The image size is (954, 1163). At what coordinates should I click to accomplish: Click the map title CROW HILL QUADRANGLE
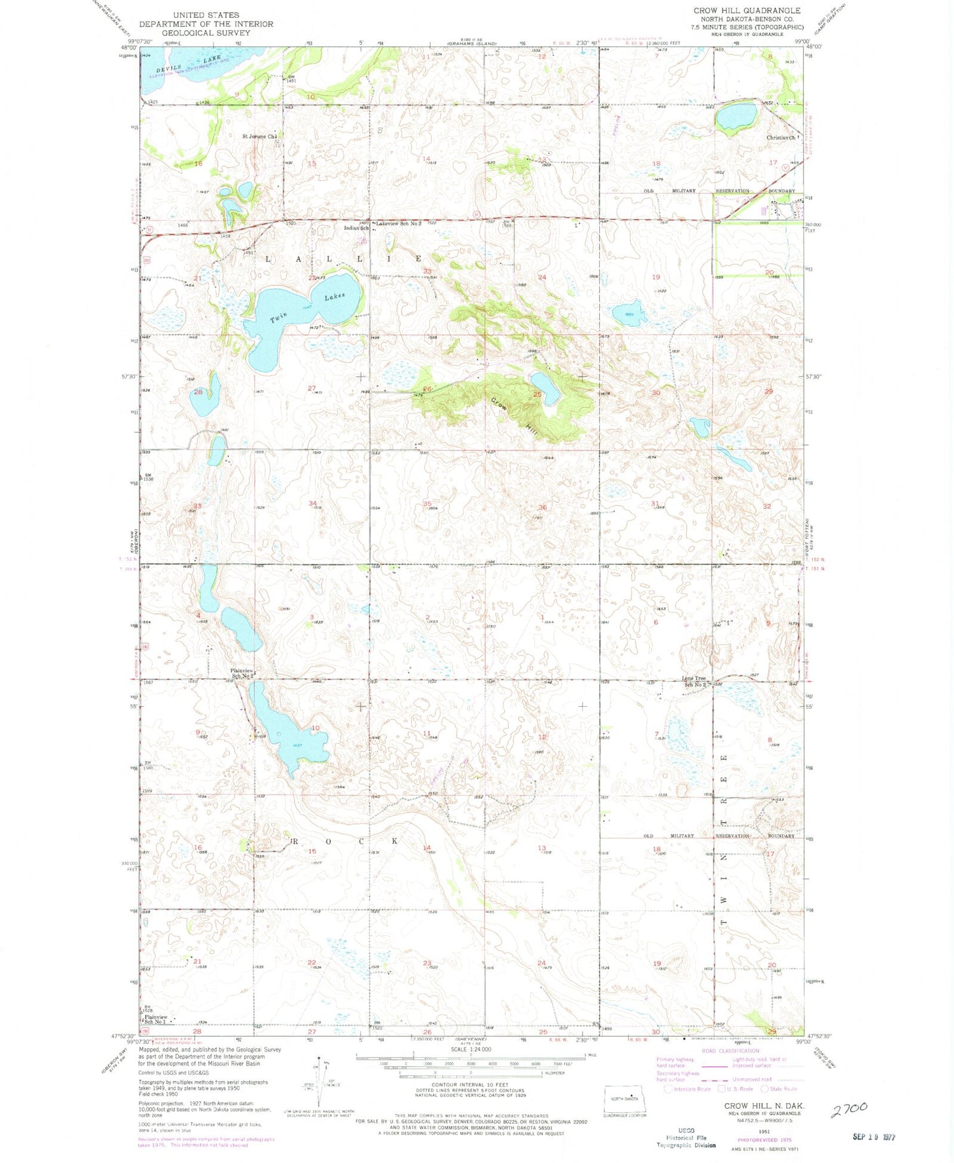click(x=747, y=11)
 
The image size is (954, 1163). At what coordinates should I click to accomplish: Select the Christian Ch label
click(x=782, y=137)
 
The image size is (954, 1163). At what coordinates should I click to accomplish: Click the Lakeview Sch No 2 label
click(x=399, y=224)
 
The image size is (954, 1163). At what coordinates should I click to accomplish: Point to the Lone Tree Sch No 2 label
click(x=694, y=681)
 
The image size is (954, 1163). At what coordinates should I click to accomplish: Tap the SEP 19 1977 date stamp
click(x=873, y=1137)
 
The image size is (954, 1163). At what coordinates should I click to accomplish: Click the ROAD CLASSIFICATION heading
click(x=730, y=1051)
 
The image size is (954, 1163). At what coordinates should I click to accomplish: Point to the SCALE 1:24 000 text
click(x=470, y=1050)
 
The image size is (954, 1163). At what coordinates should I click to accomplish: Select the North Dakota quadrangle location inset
click(x=625, y=1098)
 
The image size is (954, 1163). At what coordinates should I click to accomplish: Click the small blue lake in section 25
click(x=546, y=388)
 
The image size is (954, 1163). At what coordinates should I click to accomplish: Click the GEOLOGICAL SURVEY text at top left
click(x=206, y=32)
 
